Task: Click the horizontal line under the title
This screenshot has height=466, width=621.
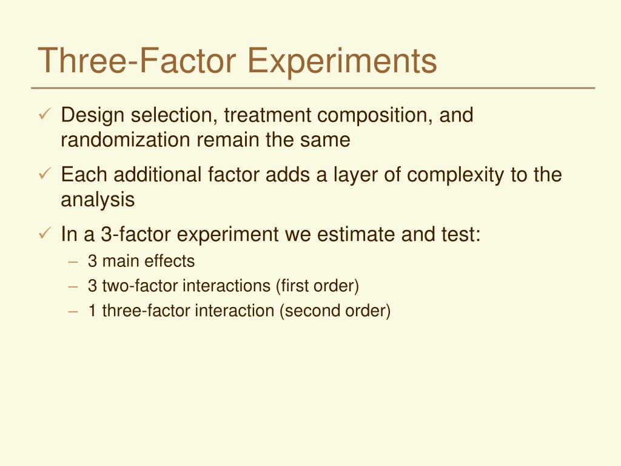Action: pos(315,88)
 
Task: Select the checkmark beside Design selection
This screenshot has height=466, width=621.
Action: pos(45,114)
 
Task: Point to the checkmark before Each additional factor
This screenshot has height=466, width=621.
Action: pos(45,174)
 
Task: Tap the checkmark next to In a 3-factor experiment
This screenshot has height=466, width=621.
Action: pos(45,233)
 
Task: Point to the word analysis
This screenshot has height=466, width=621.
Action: pos(98,200)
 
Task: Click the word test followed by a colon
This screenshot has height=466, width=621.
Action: pos(462,234)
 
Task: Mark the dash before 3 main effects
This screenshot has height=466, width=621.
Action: pos(73,262)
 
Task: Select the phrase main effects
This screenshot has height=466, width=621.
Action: pos(149,262)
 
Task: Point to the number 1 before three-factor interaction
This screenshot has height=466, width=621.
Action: pos(92,311)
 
